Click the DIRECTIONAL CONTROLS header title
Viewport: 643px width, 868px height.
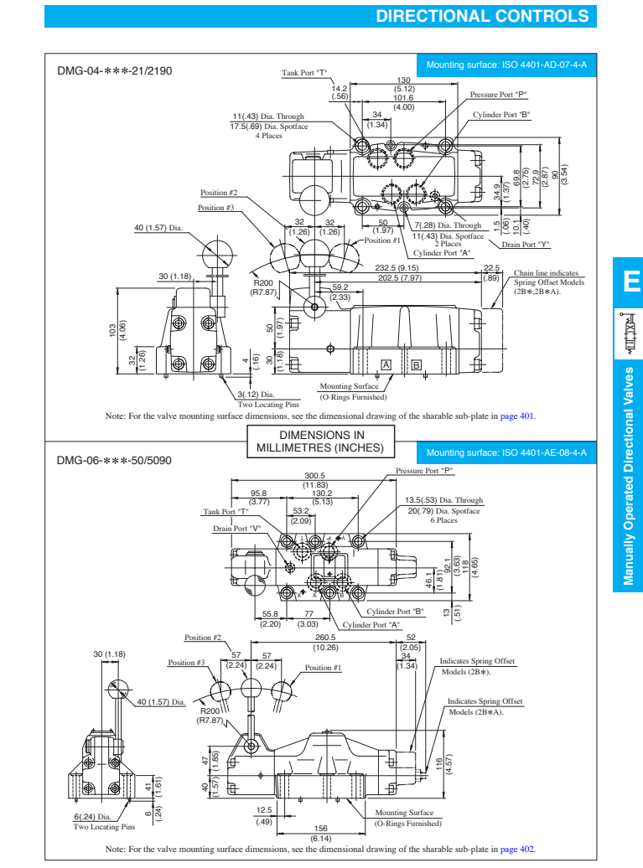coord(482,16)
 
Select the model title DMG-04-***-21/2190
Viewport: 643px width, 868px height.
coord(115,71)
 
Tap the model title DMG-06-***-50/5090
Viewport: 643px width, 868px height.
coord(115,460)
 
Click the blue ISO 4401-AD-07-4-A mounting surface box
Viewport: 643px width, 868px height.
coord(506,65)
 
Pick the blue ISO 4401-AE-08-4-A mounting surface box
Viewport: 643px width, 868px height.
coord(506,452)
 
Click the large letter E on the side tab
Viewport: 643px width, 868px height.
coord(629,281)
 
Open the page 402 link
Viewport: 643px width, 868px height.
coord(517,849)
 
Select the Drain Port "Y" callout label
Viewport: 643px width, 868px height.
coord(526,245)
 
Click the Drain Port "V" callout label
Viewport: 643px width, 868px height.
coord(237,529)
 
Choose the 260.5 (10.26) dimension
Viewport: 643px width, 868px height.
coord(325,642)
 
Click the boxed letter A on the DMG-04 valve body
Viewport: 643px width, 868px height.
coord(386,364)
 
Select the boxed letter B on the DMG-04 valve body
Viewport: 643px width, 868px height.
coord(417,364)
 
